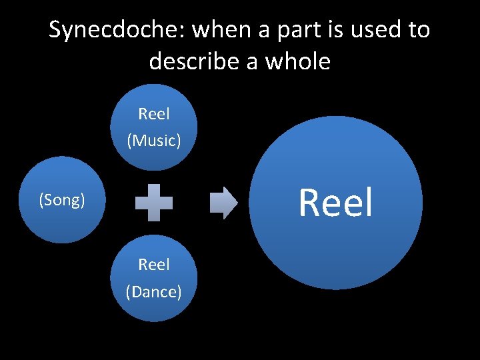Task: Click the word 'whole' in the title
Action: (x=297, y=62)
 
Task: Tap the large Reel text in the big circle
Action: (x=335, y=203)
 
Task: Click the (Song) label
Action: (x=62, y=200)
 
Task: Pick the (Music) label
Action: (x=154, y=141)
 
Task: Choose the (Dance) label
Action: (x=154, y=291)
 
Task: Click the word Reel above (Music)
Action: (x=154, y=114)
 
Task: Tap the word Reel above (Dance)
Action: (x=154, y=265)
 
